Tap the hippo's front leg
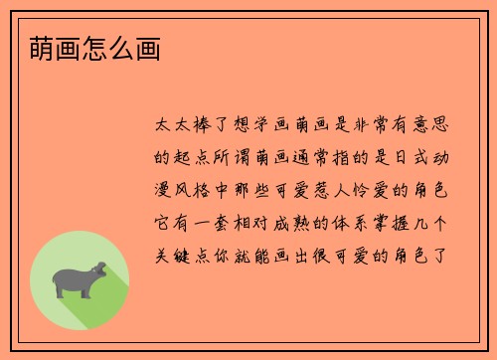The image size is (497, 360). point(88,289)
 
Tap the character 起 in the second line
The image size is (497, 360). point(182,156)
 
